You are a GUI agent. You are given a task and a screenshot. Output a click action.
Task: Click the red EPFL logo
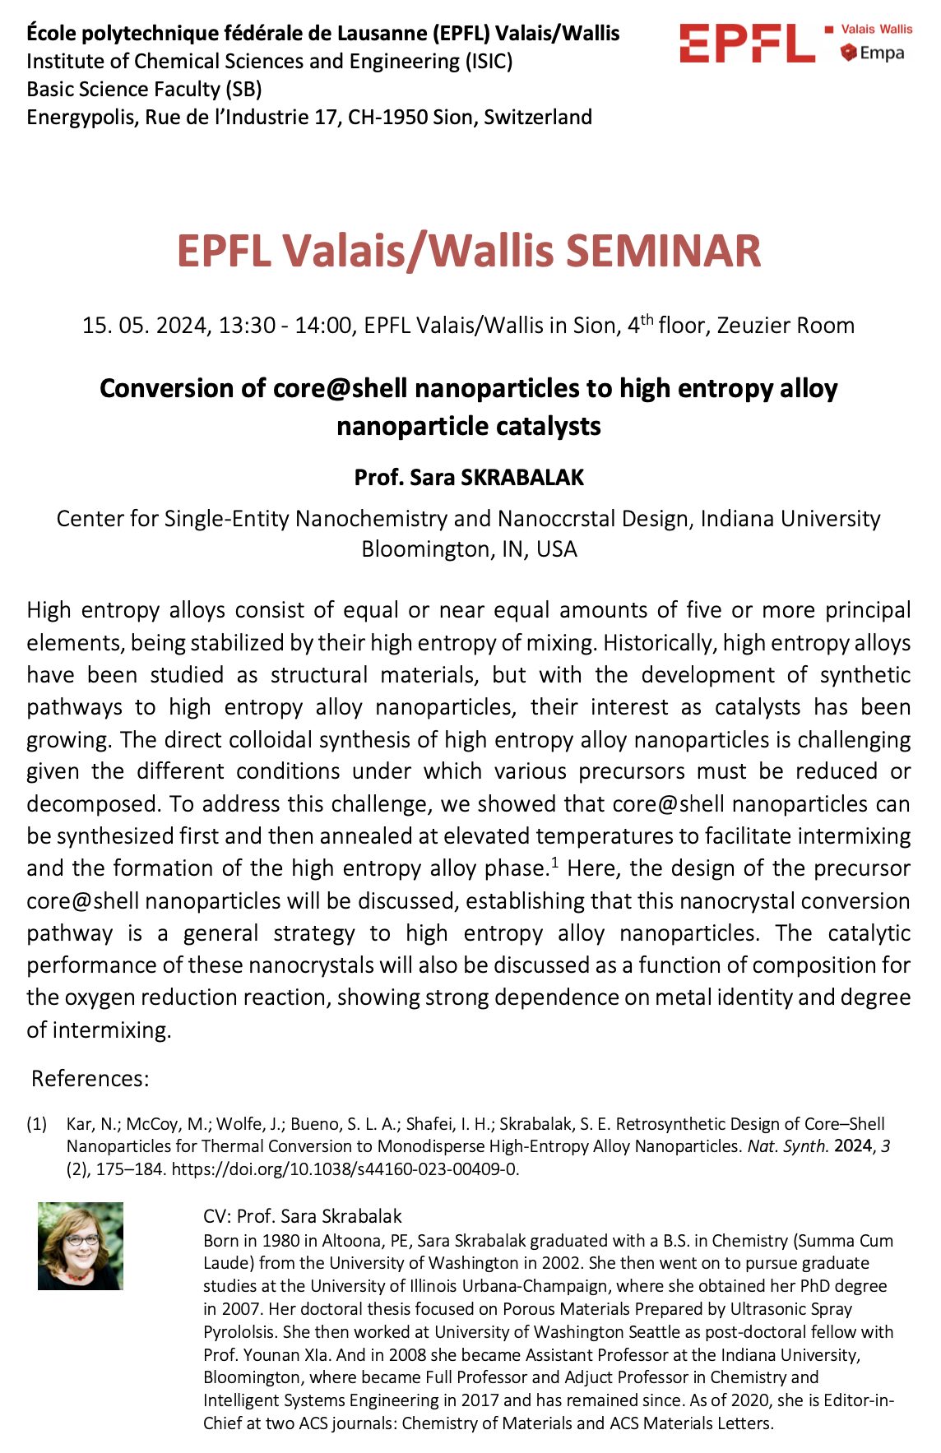[747, 44]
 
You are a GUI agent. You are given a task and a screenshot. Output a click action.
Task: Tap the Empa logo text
[881, 53]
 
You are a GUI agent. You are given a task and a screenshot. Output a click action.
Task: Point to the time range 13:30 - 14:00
[285, 326]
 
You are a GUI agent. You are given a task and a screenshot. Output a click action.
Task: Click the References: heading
[90, 1079]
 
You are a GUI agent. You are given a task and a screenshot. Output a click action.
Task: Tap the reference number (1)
[37, 1124]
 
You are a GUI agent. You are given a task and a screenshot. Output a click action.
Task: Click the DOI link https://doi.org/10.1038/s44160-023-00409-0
[345, 1168]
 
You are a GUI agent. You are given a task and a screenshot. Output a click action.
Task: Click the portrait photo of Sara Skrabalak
[81, 1246]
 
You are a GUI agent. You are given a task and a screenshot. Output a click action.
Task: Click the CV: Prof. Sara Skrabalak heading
[303, 1216]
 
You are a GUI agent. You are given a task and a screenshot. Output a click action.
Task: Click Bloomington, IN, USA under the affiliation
[469, 548]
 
